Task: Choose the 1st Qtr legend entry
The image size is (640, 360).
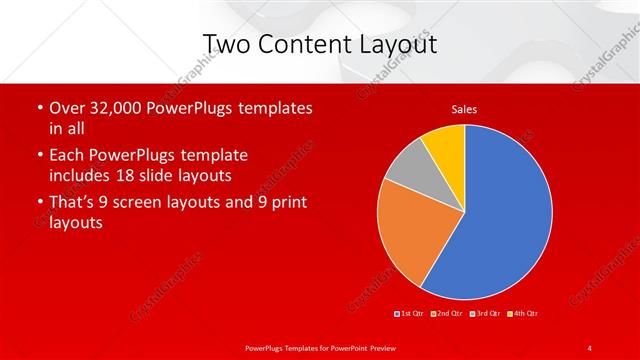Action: pyautogui.click(x=411, y=314)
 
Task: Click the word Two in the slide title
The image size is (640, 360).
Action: pyautogui.click(x=226, y=44)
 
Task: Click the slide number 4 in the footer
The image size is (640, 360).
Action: pyautogui.click(x=590, y=347)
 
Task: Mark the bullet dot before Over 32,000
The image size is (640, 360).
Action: pyautogui.click(x=39, y=107)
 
